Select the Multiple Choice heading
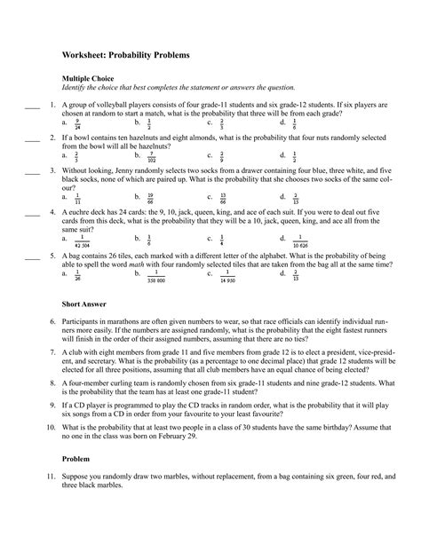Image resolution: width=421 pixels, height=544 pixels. click(90, 78)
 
